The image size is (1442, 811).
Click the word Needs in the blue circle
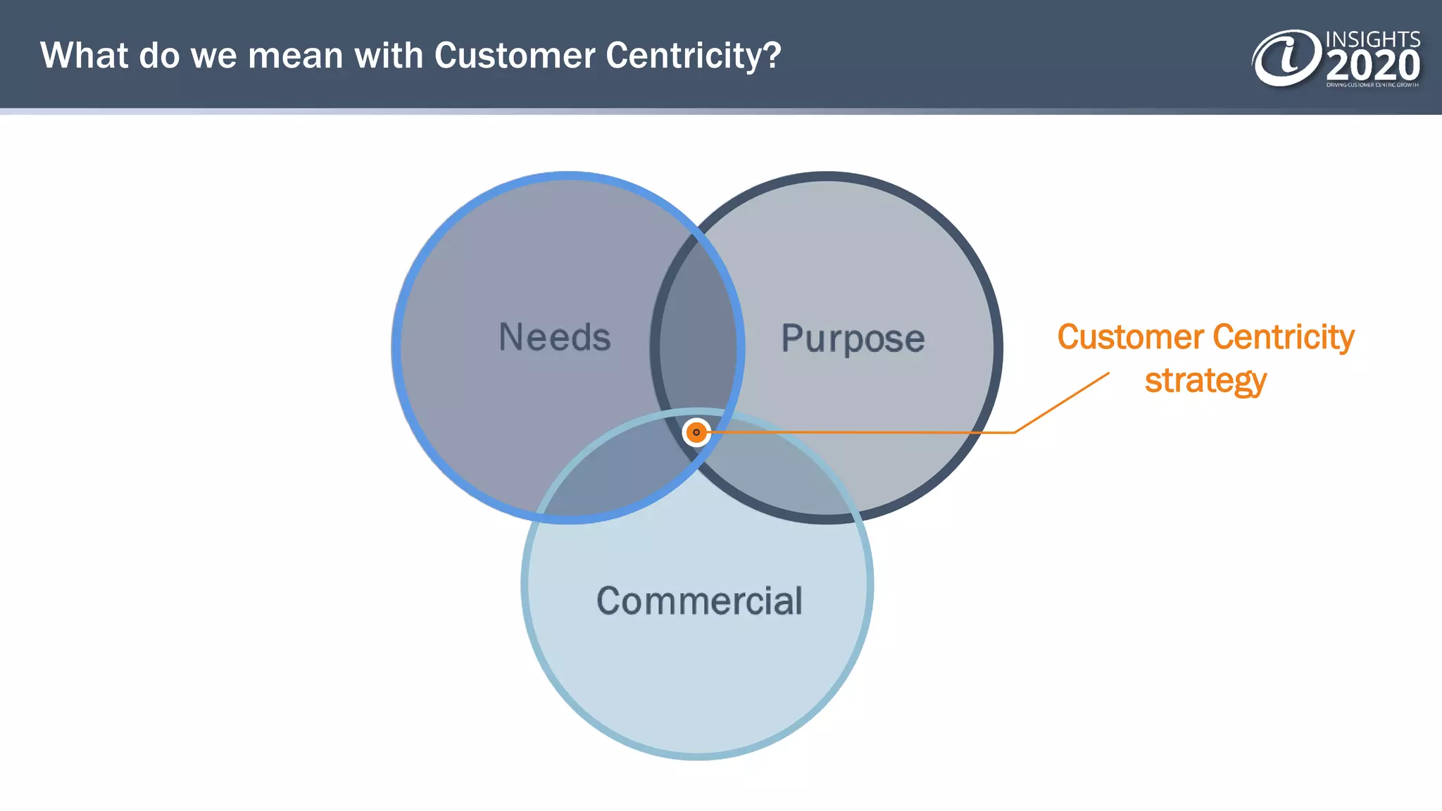point(555,337)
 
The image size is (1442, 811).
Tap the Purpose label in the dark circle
point(853,339)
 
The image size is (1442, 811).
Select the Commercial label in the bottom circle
point(699,601)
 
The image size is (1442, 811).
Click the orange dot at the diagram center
point(696,432)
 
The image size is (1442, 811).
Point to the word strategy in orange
point(1205,381)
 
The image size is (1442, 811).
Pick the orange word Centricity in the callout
point(1284,337)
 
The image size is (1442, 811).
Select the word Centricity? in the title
point(694,56)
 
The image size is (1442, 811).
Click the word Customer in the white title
point(514,56)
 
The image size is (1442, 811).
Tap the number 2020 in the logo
point(1373,66)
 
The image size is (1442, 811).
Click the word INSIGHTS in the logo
point(1373,39)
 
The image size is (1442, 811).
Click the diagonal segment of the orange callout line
point(1062,402)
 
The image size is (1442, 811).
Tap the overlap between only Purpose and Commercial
point(782,472)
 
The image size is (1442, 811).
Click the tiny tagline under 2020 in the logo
point(1372,85)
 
